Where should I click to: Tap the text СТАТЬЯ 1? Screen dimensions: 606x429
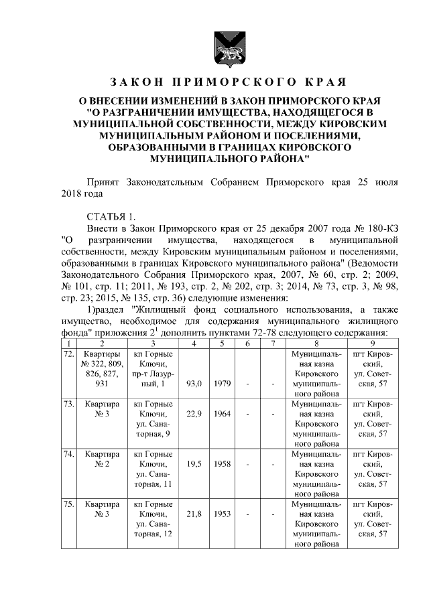click(x=111, y=215)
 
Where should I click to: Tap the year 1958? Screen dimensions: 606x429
click(x=223, y=463)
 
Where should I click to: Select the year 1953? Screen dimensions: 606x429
click(x=223, y=514)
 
